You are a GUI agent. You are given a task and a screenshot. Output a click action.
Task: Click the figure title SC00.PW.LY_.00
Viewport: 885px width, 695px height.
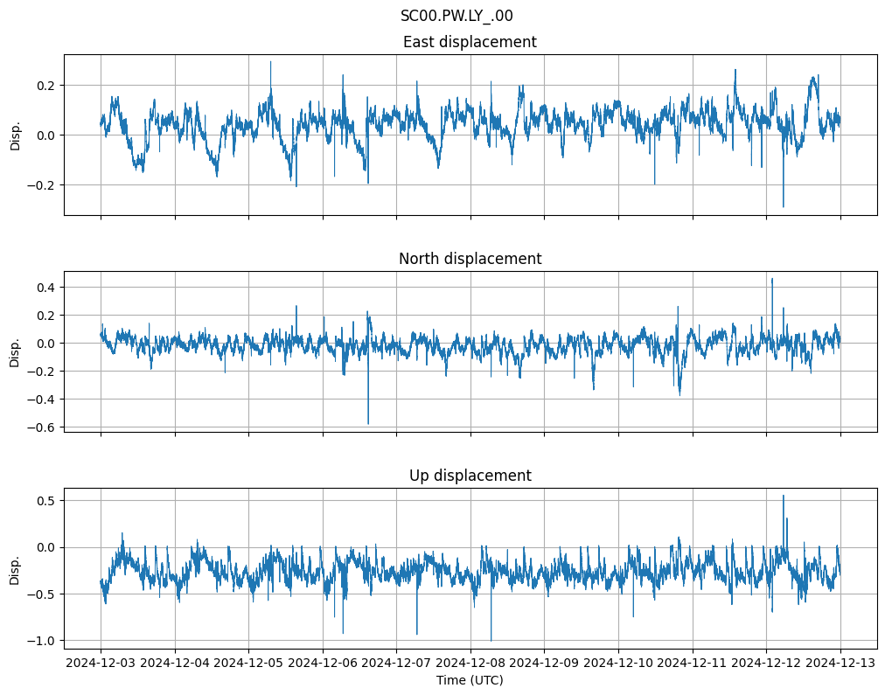click(x=456, y=16)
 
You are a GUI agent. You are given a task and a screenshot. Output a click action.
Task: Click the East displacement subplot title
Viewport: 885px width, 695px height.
click(x=470, y=42)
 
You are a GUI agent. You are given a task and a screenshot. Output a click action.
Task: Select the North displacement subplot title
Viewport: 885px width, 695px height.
click(x=470, y=259)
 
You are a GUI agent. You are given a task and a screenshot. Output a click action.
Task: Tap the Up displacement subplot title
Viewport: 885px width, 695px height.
click(x=470, y=476)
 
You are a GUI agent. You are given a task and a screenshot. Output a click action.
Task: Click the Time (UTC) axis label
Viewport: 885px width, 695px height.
click(x=470, y=680)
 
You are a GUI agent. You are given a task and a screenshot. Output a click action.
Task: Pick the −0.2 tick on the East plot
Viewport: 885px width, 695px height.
click(x=39, y=185)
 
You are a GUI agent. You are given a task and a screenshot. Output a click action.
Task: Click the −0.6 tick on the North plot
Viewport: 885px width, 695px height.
click(x=39, y=427)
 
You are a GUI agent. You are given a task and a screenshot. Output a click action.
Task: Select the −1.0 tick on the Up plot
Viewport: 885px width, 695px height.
click(x=39, y=641)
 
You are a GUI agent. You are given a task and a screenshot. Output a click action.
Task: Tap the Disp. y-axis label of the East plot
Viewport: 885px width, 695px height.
click(x=15, y=135)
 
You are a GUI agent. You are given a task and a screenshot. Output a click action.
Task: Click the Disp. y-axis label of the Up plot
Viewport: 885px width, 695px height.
click(x=15, y=568)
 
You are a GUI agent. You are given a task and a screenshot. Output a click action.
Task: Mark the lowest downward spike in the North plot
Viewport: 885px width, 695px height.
click(x=368, y=424)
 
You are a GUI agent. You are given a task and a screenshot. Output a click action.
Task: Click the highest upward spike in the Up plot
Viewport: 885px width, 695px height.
click(x=783, y=496)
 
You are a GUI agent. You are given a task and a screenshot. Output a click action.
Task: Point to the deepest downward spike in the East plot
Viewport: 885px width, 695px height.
click(x=783, y=206)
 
